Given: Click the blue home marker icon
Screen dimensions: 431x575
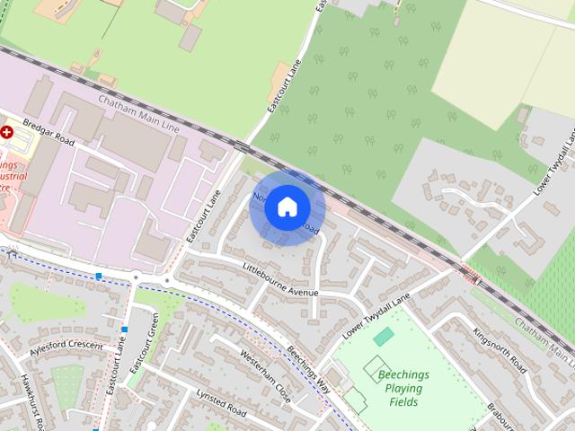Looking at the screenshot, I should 287,207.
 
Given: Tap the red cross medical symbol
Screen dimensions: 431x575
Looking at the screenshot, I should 7,131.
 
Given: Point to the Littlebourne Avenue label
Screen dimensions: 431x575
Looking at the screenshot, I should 281,279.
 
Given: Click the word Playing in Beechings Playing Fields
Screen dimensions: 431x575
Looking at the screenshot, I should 403,388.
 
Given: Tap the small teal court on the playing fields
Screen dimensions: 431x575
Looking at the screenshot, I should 384,337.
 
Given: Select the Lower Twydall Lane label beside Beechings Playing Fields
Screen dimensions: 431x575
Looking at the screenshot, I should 376,317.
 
